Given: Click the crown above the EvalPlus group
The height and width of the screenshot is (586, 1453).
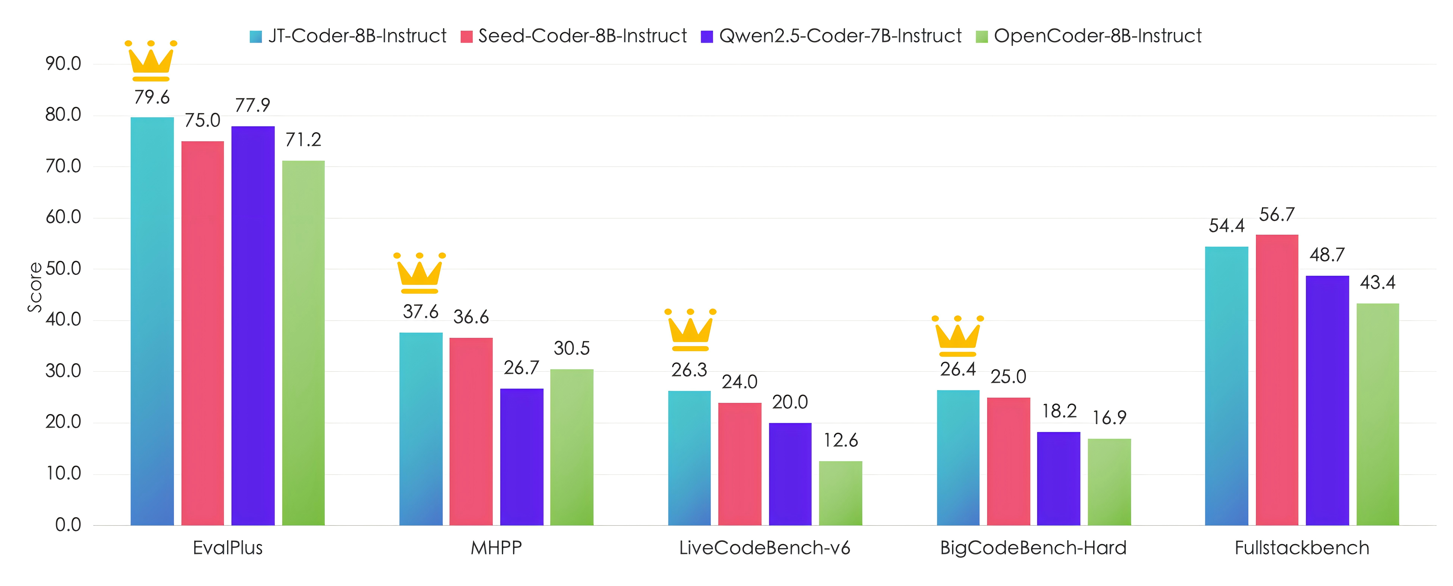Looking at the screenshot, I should (151, 61).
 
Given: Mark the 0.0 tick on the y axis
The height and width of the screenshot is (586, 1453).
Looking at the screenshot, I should (68, 525).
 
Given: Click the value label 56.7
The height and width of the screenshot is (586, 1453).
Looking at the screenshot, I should (1277, 215).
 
